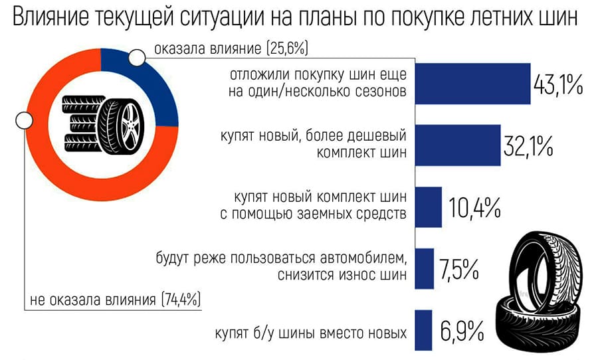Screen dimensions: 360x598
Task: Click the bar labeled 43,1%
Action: click(x=471, y=84)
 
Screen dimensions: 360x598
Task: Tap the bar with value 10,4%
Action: click(x=427, y=207)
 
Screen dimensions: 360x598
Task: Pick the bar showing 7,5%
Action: click(x=423, y=268)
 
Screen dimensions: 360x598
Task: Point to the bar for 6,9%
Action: click(x=422, y=329)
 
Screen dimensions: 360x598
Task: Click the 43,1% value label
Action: click(x=558, y=85)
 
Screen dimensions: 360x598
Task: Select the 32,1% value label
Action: click(x=528, y=146)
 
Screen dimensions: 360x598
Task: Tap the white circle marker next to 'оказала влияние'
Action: click(x=137, y=58)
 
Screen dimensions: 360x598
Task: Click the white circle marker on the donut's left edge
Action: click(x=24, y=121)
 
